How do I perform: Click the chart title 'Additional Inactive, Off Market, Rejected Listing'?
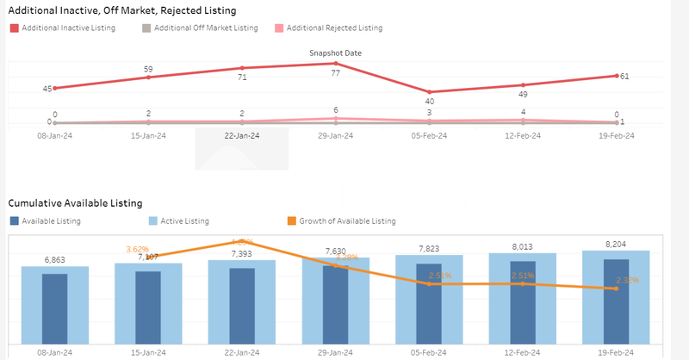[121, 10]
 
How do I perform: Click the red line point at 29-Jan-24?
[335, 63]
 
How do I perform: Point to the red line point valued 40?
[429, 92]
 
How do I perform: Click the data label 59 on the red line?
[148, 69]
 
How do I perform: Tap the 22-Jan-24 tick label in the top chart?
[242, 135]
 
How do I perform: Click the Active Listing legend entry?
[184, 221]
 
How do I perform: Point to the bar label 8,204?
[616, 244]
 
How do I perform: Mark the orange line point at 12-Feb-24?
[523, 283]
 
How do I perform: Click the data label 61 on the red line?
[624, 77]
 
